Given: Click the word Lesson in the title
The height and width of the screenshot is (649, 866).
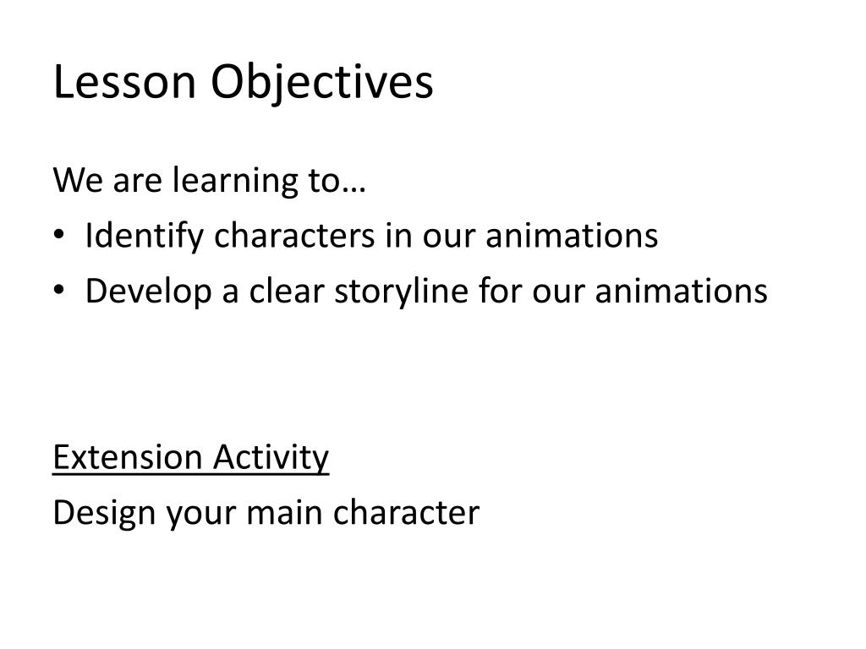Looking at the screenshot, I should click(x=124, y=83).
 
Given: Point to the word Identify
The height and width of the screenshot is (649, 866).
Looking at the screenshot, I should click(x=144, y=237).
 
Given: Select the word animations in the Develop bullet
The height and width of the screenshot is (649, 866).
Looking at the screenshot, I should click(x=682, y=292).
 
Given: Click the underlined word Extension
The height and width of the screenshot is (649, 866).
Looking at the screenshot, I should click(x=127, y=458).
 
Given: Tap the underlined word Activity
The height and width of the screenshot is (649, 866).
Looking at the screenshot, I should click(x=271, y=459).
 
